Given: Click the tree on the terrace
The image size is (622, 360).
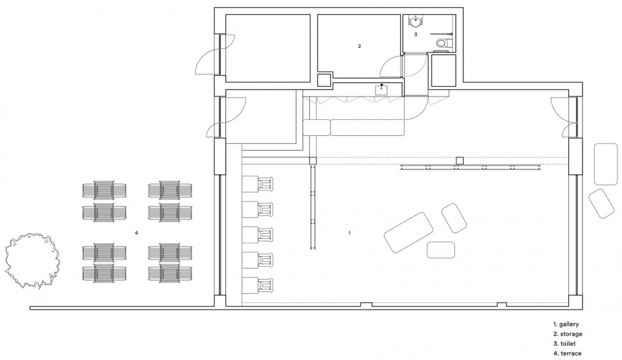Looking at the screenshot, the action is click(32, 260).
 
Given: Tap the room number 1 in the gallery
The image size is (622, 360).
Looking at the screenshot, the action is click(349, 233).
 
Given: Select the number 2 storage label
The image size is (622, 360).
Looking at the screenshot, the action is click(360, 46).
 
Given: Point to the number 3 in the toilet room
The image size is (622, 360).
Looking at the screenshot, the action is click(416, 34).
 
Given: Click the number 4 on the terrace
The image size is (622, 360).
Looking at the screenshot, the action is click(137, 233).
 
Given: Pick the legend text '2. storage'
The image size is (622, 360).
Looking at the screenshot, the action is click(568, 334).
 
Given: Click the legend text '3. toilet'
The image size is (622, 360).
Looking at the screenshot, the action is click(564, 343).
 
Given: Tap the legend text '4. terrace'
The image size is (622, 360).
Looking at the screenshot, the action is click(568, 354).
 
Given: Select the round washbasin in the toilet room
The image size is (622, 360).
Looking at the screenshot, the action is click(415, 21).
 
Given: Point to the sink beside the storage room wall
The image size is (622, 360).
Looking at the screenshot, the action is click(382, 89).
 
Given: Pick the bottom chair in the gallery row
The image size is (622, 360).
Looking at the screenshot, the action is click(266, 286).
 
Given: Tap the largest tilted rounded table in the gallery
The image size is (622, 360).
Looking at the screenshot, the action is click(408, 232).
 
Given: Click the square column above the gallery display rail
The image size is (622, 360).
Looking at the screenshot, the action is click(460, 161).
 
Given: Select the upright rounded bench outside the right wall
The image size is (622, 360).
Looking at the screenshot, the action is click(606, 164).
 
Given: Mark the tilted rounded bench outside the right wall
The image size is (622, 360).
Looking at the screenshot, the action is click(601, 203).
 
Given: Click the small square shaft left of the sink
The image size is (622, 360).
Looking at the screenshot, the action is click(325, 80).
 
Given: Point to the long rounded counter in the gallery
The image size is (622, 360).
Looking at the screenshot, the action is click(367, 128).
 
